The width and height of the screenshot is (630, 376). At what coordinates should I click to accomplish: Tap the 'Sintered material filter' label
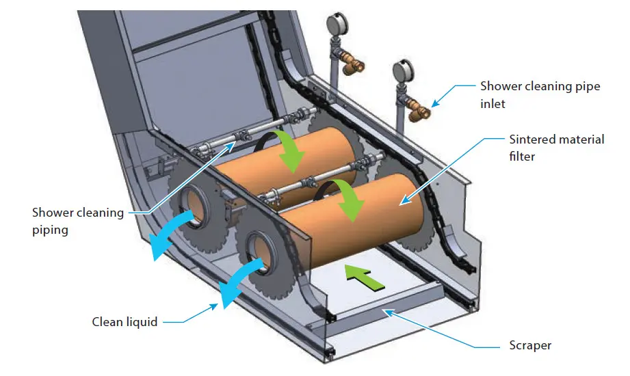[557, 146]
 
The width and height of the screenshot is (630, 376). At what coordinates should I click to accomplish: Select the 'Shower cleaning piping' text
[78, 221]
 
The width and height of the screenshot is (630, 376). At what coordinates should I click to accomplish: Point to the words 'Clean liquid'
[124, 321]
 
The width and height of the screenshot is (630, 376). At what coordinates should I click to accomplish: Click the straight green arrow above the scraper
[361, 277]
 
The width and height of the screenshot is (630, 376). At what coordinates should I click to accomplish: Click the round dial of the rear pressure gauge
[336, 26]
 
